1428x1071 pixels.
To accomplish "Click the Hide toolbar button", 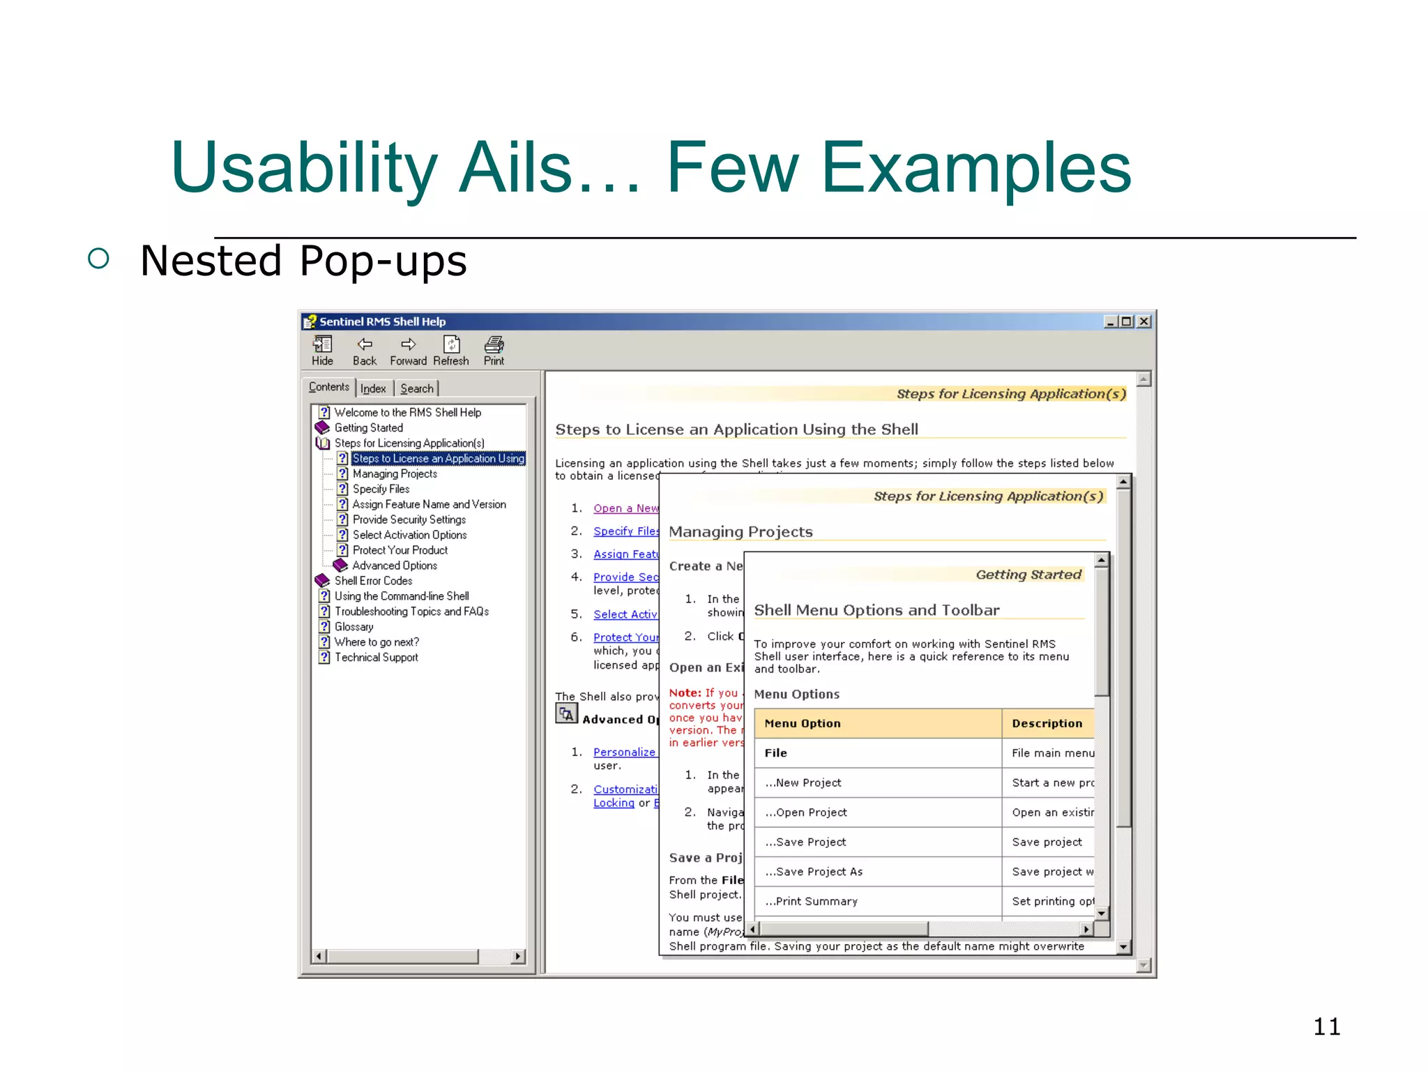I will [322, 350].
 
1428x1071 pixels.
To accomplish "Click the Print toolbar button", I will [494, 350].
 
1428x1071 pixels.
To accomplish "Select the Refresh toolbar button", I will [451, 350].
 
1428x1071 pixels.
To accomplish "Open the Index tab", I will [373, 388].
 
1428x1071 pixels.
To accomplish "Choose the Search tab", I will [417, 388].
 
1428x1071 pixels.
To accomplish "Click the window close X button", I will [1144, 321].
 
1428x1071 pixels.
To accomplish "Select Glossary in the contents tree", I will [354, 627].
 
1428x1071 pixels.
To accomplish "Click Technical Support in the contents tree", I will [376, 658].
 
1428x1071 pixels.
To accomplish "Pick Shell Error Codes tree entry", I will [373, 581].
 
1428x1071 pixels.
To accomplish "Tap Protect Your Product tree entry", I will [400, 550].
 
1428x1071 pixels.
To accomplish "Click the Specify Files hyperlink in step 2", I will [625, 531].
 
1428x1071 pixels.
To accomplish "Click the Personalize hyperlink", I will [624, 752].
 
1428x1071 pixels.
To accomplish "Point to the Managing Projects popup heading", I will [740, 532].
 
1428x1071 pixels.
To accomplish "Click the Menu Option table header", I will [803, 724].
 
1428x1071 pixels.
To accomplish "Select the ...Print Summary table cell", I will [812, 902].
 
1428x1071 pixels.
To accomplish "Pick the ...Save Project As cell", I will [814, 872].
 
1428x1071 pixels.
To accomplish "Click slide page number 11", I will [1326, 1026].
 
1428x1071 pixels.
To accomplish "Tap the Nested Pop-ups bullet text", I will [303, 261].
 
